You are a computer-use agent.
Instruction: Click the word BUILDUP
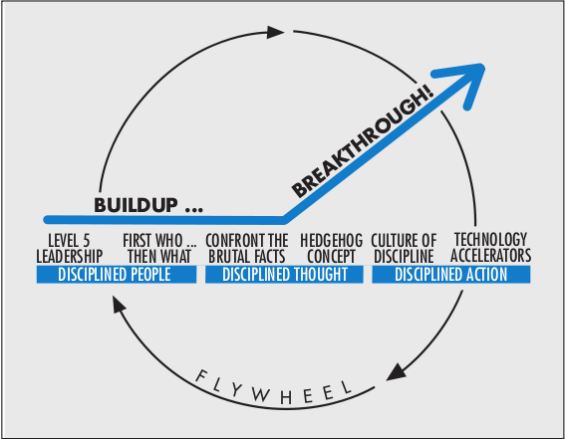(140, 206)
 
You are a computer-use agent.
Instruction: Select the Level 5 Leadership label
(77, 247)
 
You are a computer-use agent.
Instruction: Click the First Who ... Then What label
(158, 247)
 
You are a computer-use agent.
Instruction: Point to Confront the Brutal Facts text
(246, 247)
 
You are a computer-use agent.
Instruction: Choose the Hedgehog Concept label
(322, 247)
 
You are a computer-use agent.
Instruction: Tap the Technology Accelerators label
(491, 247)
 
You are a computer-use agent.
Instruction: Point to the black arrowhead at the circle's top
(276, 33)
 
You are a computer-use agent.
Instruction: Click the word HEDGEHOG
(322, 240)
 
